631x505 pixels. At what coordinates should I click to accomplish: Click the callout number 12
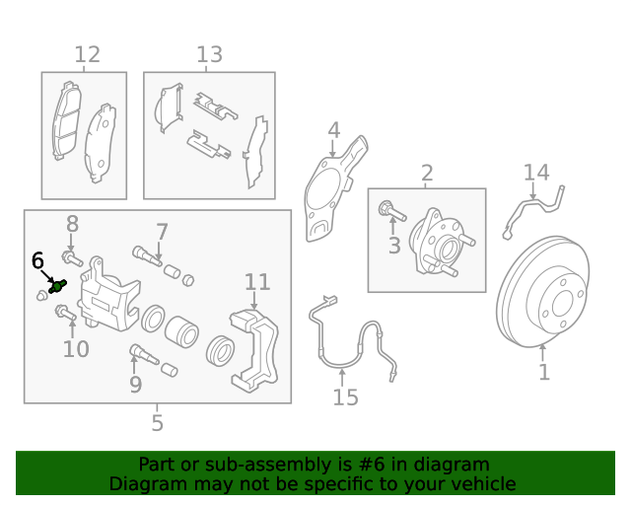(87, 55)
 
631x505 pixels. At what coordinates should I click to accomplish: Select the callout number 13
(209, 55)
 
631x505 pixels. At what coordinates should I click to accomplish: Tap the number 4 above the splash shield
(334, 130)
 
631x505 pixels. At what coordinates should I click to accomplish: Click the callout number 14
(535, 174)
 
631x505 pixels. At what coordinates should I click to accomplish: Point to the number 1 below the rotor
(543, 373)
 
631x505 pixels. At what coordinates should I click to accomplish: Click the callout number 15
(345, 397)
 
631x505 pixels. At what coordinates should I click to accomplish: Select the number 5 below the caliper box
(158, 424)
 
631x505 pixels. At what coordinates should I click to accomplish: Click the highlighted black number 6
(37, 260)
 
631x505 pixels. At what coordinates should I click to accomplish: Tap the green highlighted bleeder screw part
(56, 286)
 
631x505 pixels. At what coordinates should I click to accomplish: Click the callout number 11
(257, 283)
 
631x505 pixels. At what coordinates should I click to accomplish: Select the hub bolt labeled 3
(386, 209)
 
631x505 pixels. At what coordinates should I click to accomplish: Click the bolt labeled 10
(65, 314)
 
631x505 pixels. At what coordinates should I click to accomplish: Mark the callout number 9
(135, 385)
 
